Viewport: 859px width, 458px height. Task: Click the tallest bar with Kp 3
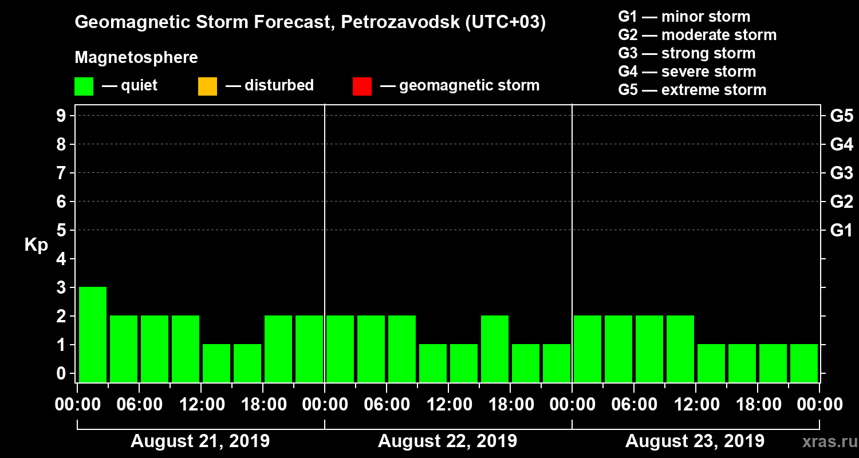pyautogui.click(x=93, y=334)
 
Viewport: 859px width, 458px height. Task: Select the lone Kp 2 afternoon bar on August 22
pyautogui.click(x=495, y=348)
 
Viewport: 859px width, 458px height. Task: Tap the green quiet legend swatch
pyautogui.click(x=84, y=86)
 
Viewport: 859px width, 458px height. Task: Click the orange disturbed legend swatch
pyautogui.click(x=207, y=86)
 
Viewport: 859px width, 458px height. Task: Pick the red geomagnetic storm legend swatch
pyautogui.click(x=362, y=86)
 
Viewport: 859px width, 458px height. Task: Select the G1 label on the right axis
pyautogui.click(x=841, y=231)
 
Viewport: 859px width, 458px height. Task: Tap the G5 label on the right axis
pyautogui.click(x=841, y=116)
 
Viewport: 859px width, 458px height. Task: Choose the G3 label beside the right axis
pyautogui.click(x=841, y=173)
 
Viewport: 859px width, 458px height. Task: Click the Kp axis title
pyautogui.click(x=36, y=245)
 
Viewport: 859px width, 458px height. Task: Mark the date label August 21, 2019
pyautogui.click(x=200, y=441)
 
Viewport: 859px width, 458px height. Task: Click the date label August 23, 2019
pyautogui.click(x=695, y=441)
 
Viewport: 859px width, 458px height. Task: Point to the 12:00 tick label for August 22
pyautogui.click(x=448, y=405)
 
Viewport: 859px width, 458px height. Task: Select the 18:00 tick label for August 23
pyautogui.click(x=758, y=405)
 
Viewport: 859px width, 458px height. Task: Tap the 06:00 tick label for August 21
pyautogui.click(x=139, y=405)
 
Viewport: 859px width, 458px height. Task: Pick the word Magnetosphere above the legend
pyautogui.click(x=136, y=58)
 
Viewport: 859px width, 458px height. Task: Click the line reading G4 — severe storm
pyautogui.click(x=687, y=72)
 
